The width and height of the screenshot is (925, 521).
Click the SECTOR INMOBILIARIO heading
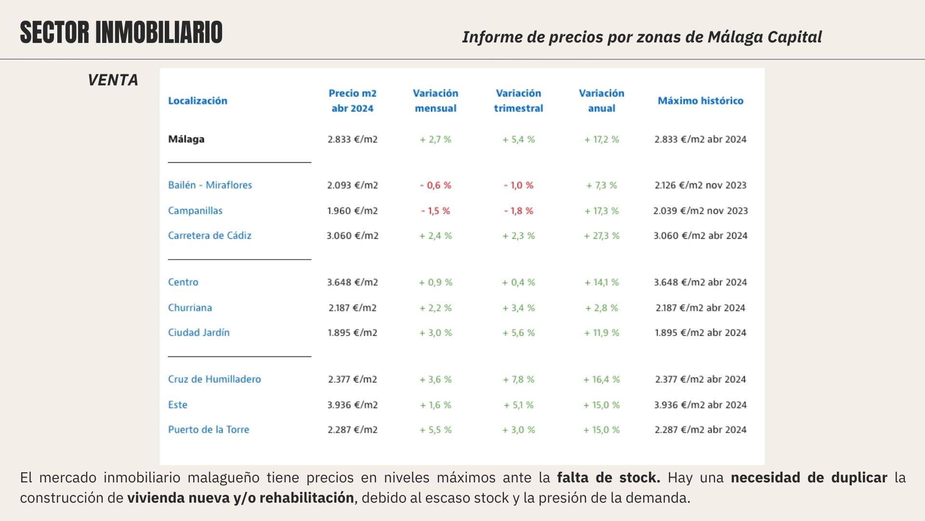[121, 33]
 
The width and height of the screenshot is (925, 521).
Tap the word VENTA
[113, 80]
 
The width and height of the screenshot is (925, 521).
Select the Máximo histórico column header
[700, 101]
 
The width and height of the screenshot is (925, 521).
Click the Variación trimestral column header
[518, 101]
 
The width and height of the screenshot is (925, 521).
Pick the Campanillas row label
[195, 211]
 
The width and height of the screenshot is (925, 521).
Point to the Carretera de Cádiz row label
[210, 236]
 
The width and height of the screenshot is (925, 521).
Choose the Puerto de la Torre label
[209, 430]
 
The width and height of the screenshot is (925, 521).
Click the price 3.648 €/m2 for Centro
[352, 282]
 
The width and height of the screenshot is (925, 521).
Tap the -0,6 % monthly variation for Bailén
[436, 185]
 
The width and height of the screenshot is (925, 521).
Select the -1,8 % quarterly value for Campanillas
[518, 211]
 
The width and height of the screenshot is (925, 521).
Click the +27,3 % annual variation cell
[601, 236]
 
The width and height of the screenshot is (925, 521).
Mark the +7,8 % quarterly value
[518, 380]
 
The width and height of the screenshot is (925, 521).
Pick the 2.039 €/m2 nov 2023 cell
[700, 211]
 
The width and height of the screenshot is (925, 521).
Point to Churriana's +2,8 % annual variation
[601, 308]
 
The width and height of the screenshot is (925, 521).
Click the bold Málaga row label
[186, 139]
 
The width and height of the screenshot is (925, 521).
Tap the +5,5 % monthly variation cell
[436, 430]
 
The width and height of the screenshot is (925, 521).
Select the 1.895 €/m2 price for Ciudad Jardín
[352, 333]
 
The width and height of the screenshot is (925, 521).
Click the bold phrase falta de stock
[608, 478]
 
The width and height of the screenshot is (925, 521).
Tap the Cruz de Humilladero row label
[214, 379]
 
